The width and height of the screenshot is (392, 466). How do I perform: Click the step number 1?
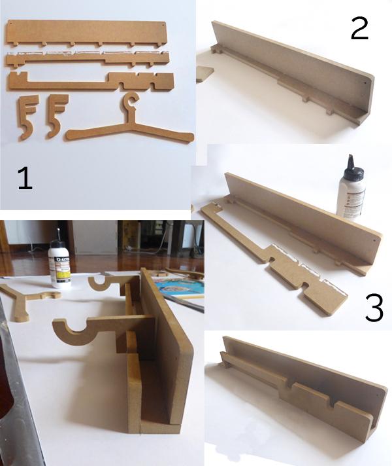coord(24,177)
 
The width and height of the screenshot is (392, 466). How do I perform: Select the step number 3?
coord(373,309)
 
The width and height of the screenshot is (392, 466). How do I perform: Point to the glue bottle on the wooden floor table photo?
coord(60,264)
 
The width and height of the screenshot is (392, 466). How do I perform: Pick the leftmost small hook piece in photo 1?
coord(27,116)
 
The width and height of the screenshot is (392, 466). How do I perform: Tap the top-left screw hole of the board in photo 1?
coord(13,26)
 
